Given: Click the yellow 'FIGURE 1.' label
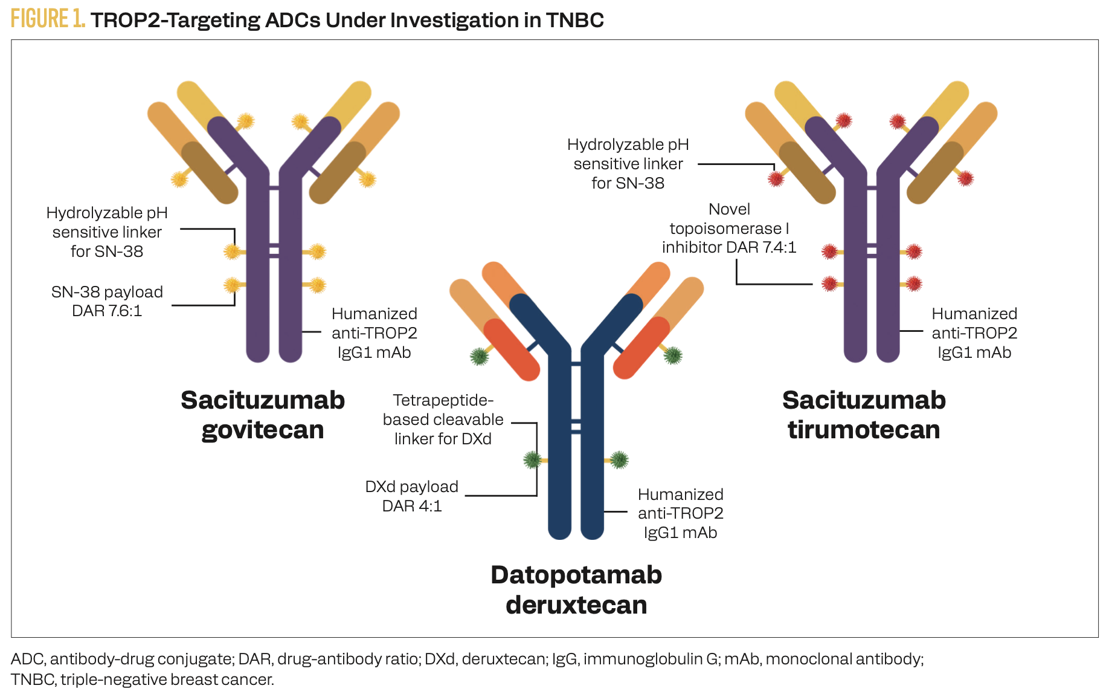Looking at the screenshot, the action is pyautogui.click(x=48, y=19).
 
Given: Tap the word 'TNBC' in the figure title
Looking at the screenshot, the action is pyautogui.click(x=575, y=20).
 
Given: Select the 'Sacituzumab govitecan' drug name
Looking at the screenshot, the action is pyautogui.click(x=263, y=415).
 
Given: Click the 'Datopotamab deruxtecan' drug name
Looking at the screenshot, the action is pyautogui.click(x=576, y=589).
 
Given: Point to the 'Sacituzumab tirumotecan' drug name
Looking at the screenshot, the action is pyautogui.click(x=864, y=415).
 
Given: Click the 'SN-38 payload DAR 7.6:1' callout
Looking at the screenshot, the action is pyautogui.click(x=107, y=301).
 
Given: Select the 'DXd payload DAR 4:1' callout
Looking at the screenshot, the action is pyautogui.click(x=412, y=496).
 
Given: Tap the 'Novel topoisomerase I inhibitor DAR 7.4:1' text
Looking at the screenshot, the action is pyautogui.click(x=729, y=228).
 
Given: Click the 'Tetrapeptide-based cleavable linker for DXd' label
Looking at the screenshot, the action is pyautogui.click(x=443, y=420).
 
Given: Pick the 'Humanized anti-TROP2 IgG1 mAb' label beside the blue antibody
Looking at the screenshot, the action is pyautogui.click(x=681, y=513).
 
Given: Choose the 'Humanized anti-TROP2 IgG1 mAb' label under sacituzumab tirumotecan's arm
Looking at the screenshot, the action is pyautogui.click(x=974, y=332).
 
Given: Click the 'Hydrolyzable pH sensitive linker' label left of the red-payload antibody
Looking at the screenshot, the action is pyautogui.click(x=628, y=164).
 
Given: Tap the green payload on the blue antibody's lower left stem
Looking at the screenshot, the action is pyautogui.click(x=532, y=460).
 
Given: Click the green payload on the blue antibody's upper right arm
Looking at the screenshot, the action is pyautogui.click(x=673, y=355).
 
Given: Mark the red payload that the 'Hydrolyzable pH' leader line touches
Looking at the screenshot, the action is pyautogui.click(x=776, y=178).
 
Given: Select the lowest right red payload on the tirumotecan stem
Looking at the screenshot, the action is pyautogui.click(x=914, y=284).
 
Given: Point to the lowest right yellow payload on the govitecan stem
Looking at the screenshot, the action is pyautogui.click(x=318, y=285).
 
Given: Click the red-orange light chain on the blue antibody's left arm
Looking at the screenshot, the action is pyautogui.click(x=512, y=349).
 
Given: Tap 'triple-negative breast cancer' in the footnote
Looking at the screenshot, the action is pyautogui.click(x=167, y=679).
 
